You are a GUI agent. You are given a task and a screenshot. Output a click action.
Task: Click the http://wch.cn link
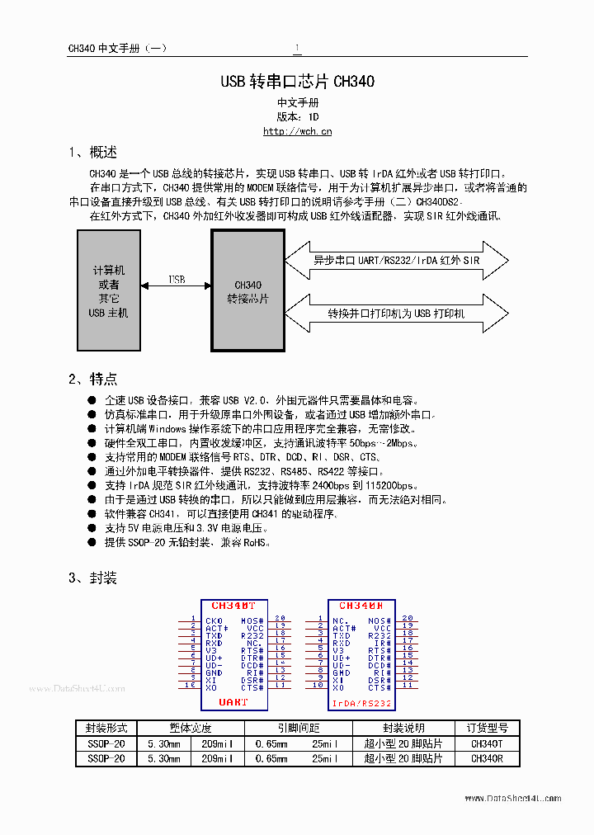pyautogui.click(x=297, y=131)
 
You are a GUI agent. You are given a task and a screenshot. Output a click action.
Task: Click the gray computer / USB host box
pyautogui.click(x=108, y=290)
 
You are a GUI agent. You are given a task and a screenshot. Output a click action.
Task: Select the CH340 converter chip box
pyautogui.click(x=247, y=290)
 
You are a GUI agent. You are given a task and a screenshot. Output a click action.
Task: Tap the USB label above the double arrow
pyautogui.click(x=177, y=280)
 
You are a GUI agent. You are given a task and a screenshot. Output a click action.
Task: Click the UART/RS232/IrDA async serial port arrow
pyautogui.click(x=396, y=260)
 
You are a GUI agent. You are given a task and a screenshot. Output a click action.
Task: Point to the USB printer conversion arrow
pyautogui.click(x=396, y=314)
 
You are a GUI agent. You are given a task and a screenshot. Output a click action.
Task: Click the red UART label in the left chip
pyautogui.click(x=233, y=702)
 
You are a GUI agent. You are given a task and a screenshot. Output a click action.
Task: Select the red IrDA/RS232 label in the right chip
pyautogui.click(x=361, y=703)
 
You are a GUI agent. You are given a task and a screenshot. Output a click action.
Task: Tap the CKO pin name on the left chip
pyautogui.click(x=214, y=620)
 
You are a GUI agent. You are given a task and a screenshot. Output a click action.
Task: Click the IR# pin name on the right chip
pyautogui.click(x=382, y=643)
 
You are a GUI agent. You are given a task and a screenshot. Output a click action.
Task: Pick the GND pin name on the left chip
pyautogui.click(x=214, y=672)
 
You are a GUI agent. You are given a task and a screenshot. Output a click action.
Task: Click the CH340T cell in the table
pyautogui.click(x=487, y=743)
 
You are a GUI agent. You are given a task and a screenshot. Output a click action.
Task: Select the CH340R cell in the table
pyautogui.click(x=487, y=758)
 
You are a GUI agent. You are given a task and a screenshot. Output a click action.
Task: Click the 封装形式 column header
pyautogui.click(x=106, y=728)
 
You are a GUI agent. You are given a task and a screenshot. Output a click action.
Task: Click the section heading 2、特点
pyautogui.click(x=92, y=379)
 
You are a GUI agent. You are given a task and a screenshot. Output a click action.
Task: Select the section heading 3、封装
pyautogui.click(x=92, y=578)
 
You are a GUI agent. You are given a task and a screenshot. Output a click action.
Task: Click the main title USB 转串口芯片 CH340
pyautogui.click(x=297, y=82)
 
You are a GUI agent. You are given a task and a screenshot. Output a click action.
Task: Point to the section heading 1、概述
pyautogui.click(x=92, y=153)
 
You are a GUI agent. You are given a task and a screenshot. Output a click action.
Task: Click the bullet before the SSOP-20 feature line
pyautogui.click(x=92, y=543)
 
